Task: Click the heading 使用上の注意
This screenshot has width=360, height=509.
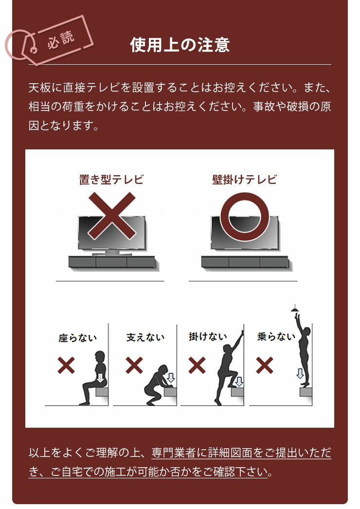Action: click(x=180, y=45)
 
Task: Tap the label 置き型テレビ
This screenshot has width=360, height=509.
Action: click(x=111, y=179)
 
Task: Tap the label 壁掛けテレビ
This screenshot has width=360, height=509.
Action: click(x=244, y=179)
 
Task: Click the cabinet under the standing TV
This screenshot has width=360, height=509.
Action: click(x=111, y=262)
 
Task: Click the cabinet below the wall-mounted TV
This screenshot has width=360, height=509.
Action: click(x=245, y=262)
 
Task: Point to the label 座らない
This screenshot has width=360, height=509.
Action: click(x=78, y=338)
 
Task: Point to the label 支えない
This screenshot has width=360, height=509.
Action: click(x=145, y=337)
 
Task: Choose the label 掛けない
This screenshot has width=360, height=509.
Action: click(x=208, y=336)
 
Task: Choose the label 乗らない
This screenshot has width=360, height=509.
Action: click(x=276, y=336)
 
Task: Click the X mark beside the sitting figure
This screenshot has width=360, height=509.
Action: click(x=67, y=365)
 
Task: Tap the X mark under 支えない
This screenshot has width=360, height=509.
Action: click(x=134, y=365)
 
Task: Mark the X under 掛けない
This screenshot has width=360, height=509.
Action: click(x=197, y=365)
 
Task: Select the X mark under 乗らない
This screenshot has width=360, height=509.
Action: click(x=264, y=365)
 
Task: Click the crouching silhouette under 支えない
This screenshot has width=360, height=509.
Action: click(x=157, y=384)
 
